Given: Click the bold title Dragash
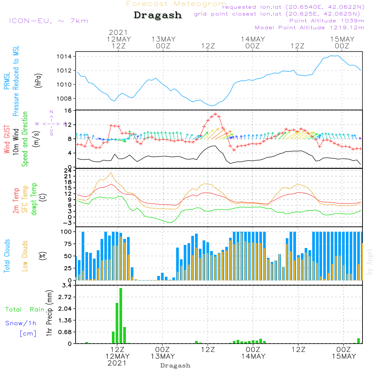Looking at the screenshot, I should click(158, 15).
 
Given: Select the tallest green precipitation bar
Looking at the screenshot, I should click(121, 316).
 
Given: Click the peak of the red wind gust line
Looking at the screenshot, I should click(215, 114).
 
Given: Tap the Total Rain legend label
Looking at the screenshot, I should click(25, 310).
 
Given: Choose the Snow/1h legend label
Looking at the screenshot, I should click(21, 324).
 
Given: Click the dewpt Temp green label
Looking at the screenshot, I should click(34, 199).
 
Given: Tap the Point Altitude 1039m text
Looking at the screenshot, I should click(327, 20).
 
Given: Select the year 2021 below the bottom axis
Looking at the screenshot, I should click(118, 363).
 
